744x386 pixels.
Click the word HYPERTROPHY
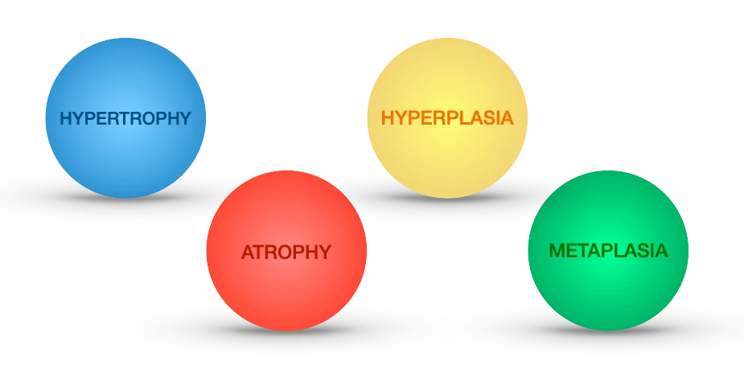(125, 118)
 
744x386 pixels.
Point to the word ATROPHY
(286, 252)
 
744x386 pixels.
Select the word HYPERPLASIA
(447, 117)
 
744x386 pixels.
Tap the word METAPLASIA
(608, 251)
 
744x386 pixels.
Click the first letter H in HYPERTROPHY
(66, 118)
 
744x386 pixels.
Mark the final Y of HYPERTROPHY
(186, 118)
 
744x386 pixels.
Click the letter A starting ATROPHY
(248, 252)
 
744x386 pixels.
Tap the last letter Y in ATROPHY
(324, 252)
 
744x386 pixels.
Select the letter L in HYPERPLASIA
(466, 117)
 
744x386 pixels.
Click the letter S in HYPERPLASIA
(490, 117)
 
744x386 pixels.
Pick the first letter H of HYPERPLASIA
(387, 117)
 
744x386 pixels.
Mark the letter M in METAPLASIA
(556, 251)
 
